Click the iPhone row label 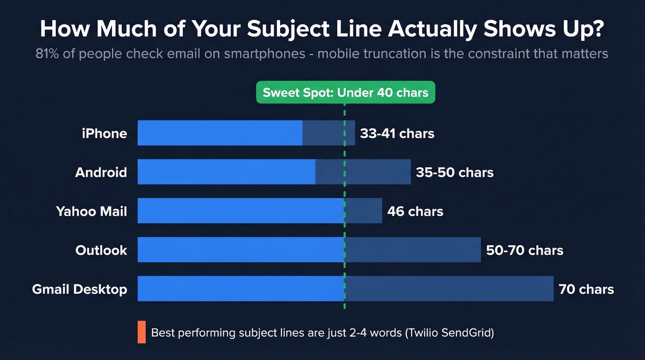pyautogui.click(x=104, y=134)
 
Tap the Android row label pyautogui.click(x=101, y=172)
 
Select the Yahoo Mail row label pyautogui.click(x=91, y=212)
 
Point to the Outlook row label pyautogui.click(x=101, y=250)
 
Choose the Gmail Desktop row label pyautogui.click(x=79, y=289)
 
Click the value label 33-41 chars pyautogui.click(x=397, y=134)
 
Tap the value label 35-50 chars pyautogui.click(x=454, y=172)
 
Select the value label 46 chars pyautogui.click(x=415, y=212)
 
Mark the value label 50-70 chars pyautogui.click(x=525, y=250)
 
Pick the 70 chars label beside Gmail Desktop pyautogui.click(x=586, y=289)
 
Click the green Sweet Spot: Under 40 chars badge pyautogui.click(x=345, y=92)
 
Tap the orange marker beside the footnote pyautogui.click(x=141, y=332)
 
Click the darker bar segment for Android pyautogui.click(x=363, y=172)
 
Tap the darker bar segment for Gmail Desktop pyautogui.click(x=449, y=289)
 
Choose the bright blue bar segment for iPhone pyautogui.click(x=220, y=133)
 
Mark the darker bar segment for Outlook pyautogui.click(x=413, y=250)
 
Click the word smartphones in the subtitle pyautogui.click(x=264, y=53)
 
